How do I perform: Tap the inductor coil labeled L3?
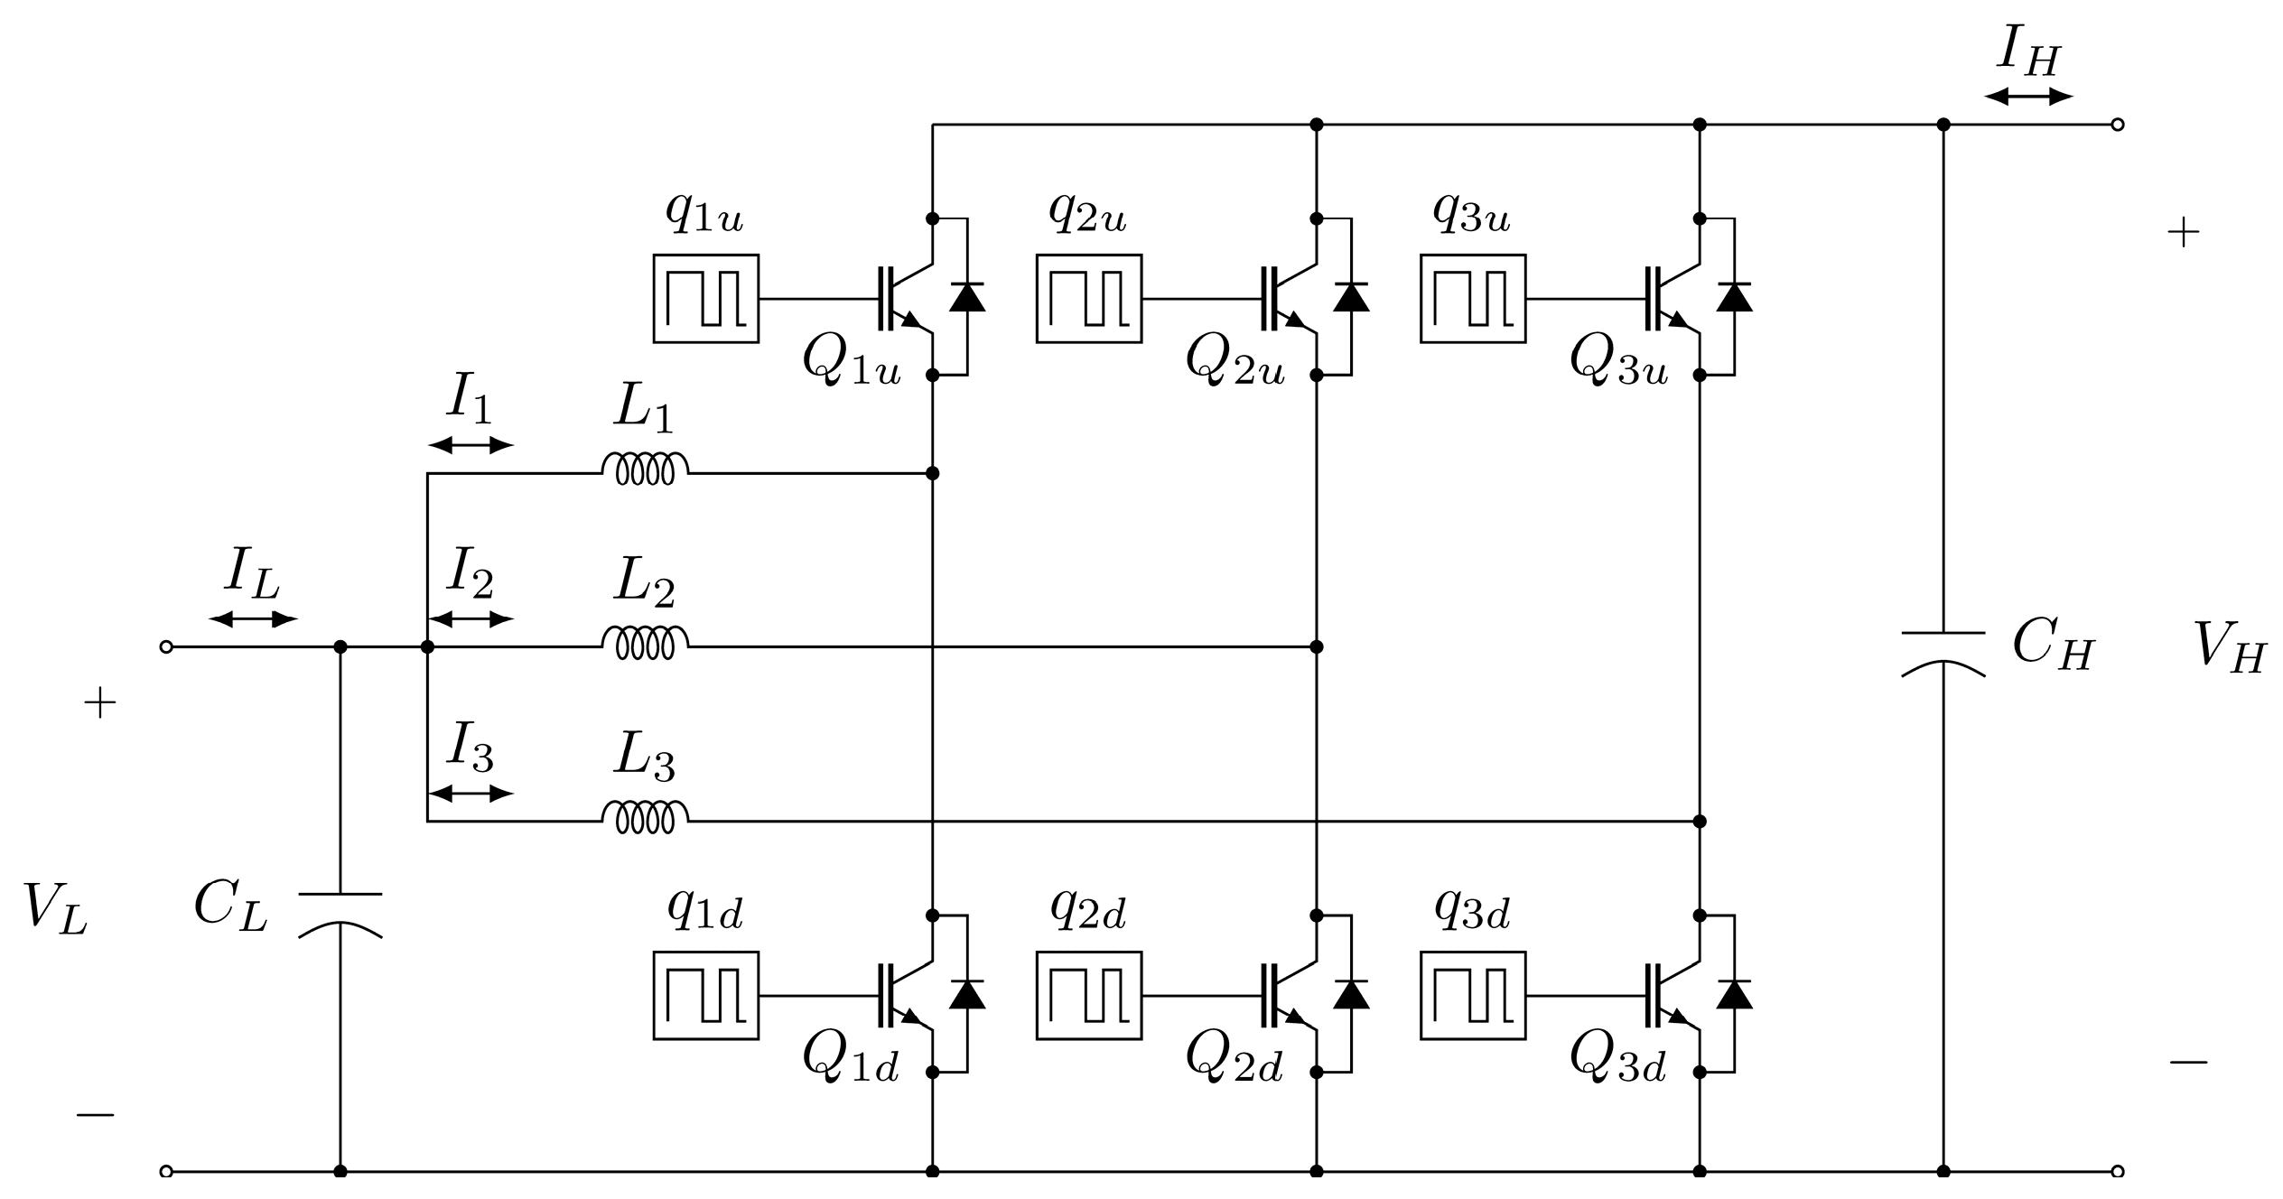pyautogui.click(x=645, y=818)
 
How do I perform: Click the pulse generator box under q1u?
pyautogui.click(x=706, y=299)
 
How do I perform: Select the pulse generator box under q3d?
pyautogui.click(x=1473, y=996)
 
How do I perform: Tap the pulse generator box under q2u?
pyautogui.click(x=1089, y=299)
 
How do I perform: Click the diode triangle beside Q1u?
pyautogui.click(x=967, y=297)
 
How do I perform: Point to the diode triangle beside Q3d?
pyautogui.click(x=1734, y=994)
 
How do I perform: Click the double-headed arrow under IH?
pyautogui.click(x=2028, y=97)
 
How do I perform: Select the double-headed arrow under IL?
pyautogui.click(x=253, y=619)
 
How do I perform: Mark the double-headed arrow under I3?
pyautogui.click(x=471, y=794)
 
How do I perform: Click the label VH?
pyautogui.click(x=2229, y=648)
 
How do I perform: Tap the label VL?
pyautogui.click(x=54, y=907)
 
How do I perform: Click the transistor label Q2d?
pyautogui.click(x=1234, y=1056)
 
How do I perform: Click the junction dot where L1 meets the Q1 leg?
pyautogui.click(x=933, y=473)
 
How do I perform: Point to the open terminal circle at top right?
pyautogui.click(x=2118, y=125)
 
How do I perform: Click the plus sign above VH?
pyautogui.click(x=2184, y=234)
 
